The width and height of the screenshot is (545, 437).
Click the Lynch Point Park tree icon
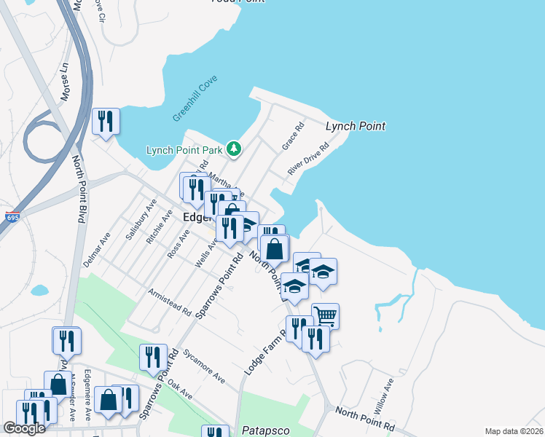[x=233, y=149]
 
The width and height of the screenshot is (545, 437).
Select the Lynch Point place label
[x=355, y=126]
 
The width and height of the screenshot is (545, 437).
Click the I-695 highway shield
[x=12, y=217]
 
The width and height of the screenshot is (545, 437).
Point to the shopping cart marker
[x=326, y=315]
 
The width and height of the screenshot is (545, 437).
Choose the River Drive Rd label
[x=308, y=159]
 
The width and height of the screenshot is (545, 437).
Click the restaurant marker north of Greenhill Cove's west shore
[x=106, y=121]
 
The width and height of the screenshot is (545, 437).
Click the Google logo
[x=24, y=428]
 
